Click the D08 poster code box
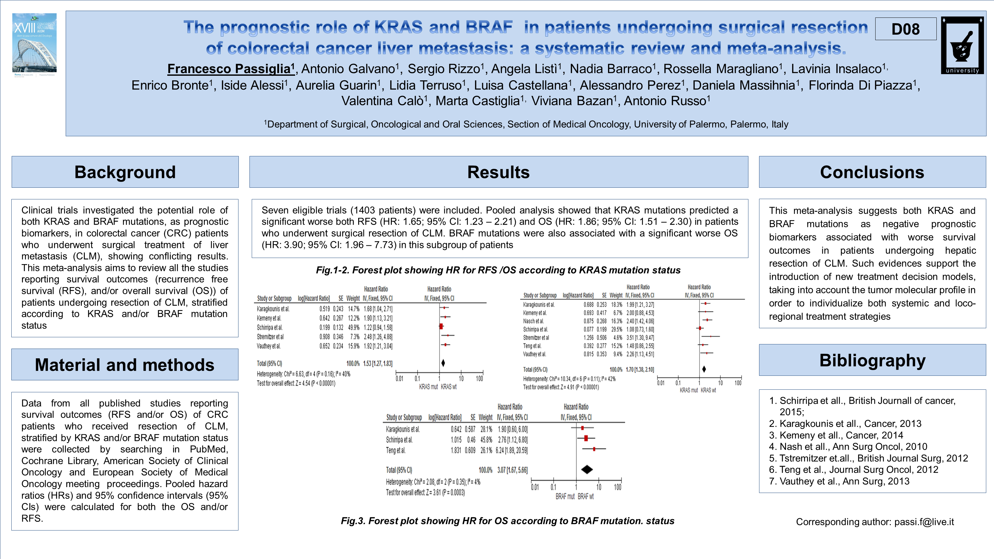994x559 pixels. pos(905,29)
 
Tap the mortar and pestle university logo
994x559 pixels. pos(962,45)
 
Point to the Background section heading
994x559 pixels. pos(125,172)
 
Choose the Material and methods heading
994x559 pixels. pos(125,365)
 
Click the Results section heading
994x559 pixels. pos(498,172)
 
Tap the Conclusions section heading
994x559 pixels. pos(872,172)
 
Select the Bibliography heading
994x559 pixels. pos(872,361)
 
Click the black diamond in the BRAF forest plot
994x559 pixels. pos(587,469)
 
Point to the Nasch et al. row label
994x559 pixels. pos(533,321)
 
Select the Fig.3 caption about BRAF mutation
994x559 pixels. pos(507,521)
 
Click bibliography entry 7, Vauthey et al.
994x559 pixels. pos(844,481)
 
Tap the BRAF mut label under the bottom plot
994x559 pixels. pos(565,497)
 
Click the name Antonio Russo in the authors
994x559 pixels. pos(667,101)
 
